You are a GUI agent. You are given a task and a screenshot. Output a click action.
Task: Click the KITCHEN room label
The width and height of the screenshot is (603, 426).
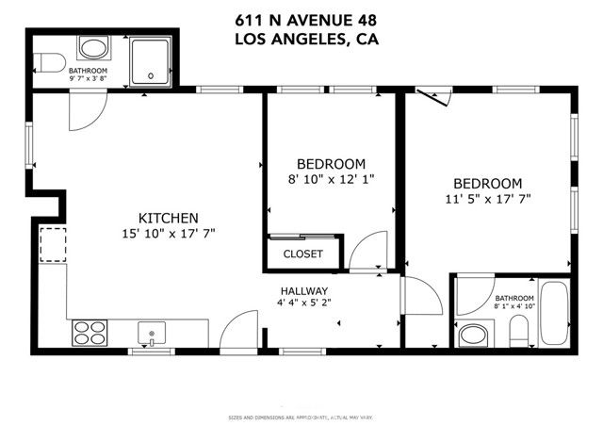169,216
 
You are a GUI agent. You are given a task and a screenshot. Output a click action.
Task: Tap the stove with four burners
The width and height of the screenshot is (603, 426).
90,332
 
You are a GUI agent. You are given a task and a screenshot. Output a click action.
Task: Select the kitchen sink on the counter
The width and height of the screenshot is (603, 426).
151,332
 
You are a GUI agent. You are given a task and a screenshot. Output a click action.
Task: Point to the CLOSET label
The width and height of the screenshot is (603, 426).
302,254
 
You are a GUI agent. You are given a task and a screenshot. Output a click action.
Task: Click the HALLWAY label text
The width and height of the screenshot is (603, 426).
303,290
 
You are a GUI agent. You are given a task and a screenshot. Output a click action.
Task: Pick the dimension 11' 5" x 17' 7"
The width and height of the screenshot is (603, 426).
487,200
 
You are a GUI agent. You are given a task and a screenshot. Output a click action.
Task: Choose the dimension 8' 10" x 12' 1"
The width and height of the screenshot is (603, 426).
331,179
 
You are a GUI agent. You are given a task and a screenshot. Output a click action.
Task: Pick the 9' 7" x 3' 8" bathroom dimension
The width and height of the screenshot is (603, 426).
89,79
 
